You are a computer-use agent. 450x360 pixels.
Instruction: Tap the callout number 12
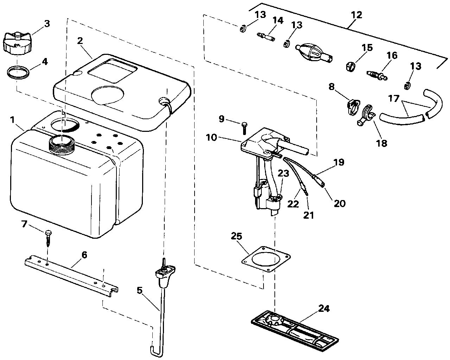pos(356,15)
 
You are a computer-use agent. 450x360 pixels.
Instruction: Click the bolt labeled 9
pos(243,128)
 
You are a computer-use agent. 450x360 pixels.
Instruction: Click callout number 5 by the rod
pos(140,290)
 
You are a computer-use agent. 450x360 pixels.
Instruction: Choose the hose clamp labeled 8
pos(352,107)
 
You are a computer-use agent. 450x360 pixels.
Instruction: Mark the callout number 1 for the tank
pos(12,120)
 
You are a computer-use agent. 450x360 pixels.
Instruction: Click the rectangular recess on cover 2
pos(112,71)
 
